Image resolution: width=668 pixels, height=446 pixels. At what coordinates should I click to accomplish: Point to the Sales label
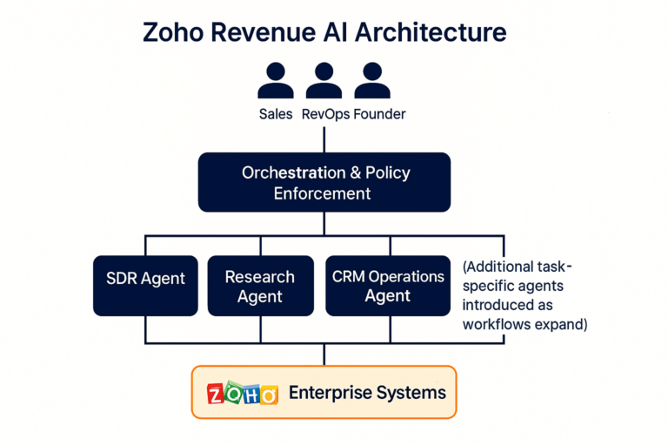tap(276, 114)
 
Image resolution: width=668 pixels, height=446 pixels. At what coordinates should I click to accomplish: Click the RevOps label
tap(324, 114)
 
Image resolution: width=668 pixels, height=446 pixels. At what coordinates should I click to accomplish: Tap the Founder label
tap(380, 114)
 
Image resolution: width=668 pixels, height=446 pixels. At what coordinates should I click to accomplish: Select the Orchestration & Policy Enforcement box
tap(324, 182)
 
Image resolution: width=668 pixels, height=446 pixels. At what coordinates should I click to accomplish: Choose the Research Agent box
tap(260, 286)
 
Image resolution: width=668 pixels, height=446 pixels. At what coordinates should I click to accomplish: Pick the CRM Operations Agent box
tap(387, 286)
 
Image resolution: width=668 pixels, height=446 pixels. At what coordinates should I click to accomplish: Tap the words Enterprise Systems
tap(367, 393)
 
